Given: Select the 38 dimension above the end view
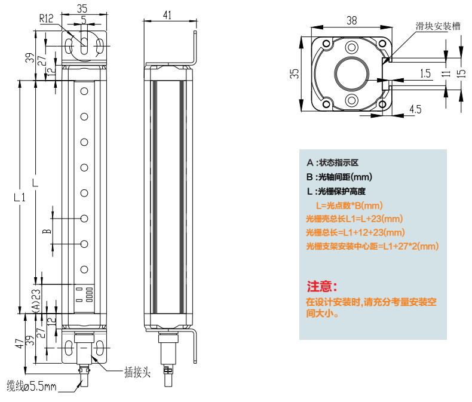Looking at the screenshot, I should tap(352, 20).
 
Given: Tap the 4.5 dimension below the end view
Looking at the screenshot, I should tap(415, 109).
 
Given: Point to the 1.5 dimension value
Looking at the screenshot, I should tap(425, 73).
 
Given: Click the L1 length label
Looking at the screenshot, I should tap(19, 197).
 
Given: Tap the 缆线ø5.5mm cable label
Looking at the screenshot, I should tap(31, 387).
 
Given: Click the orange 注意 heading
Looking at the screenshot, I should tap(322, 286).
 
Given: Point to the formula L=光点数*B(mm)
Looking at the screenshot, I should tap(345, 205).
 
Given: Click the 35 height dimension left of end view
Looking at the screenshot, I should tap(294, 73).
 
